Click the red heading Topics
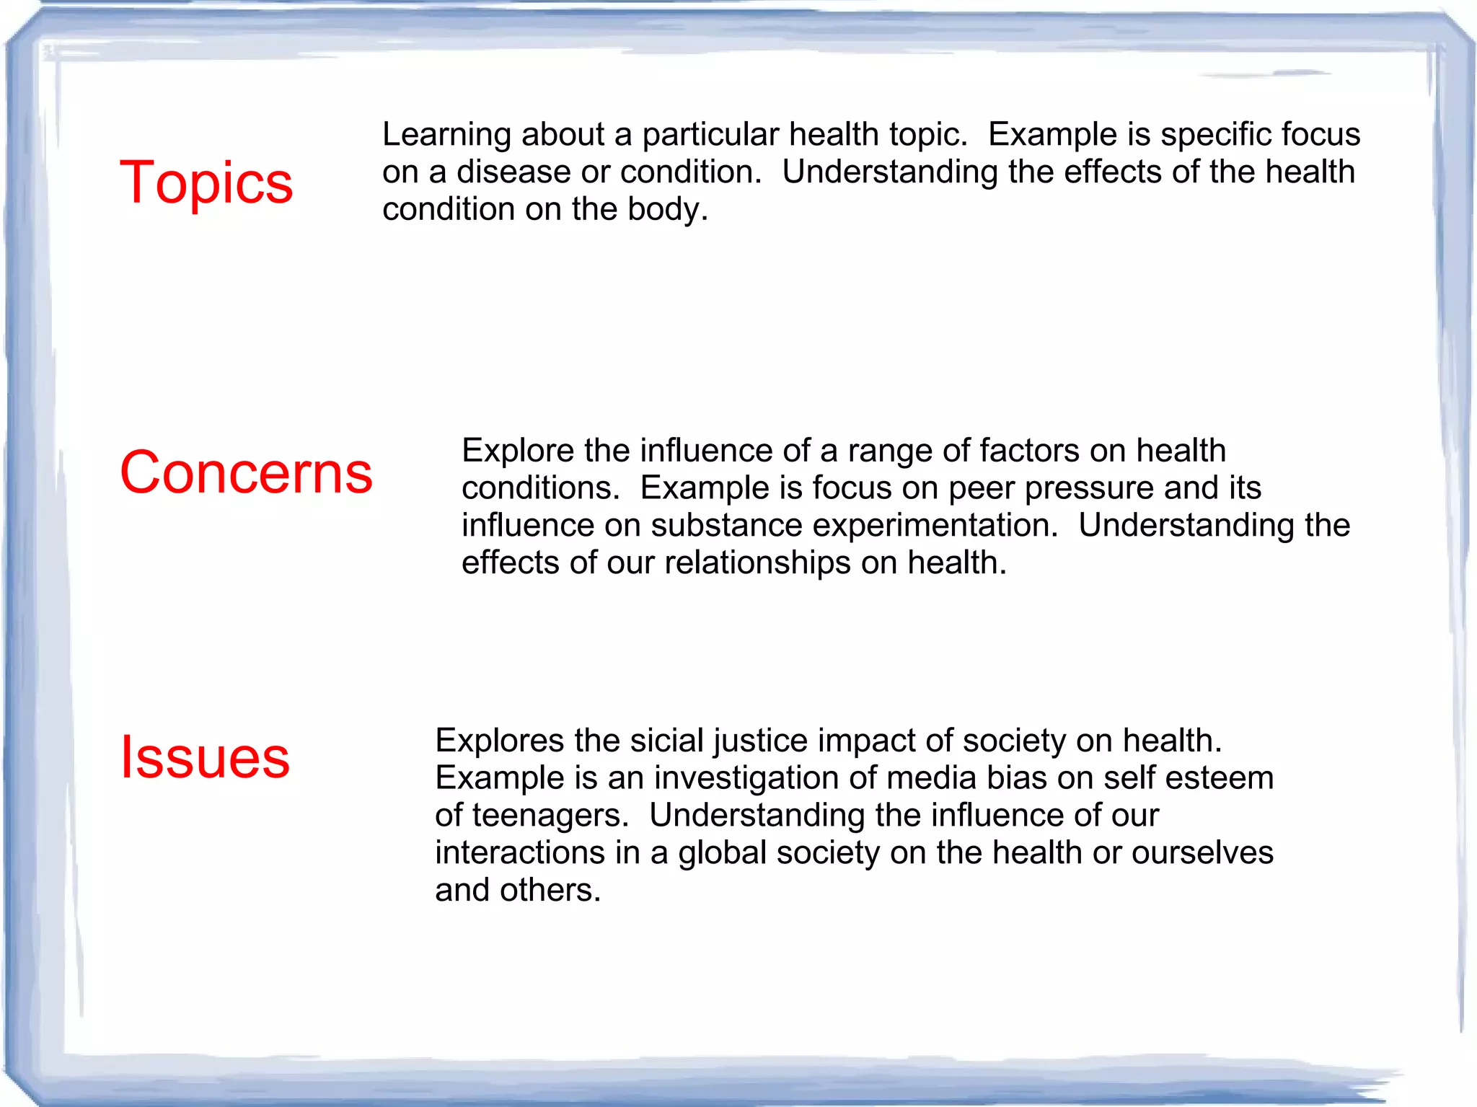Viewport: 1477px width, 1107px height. [206, 182]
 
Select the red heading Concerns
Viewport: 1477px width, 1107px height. [246, 472]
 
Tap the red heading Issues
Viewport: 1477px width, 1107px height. [205, 757]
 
